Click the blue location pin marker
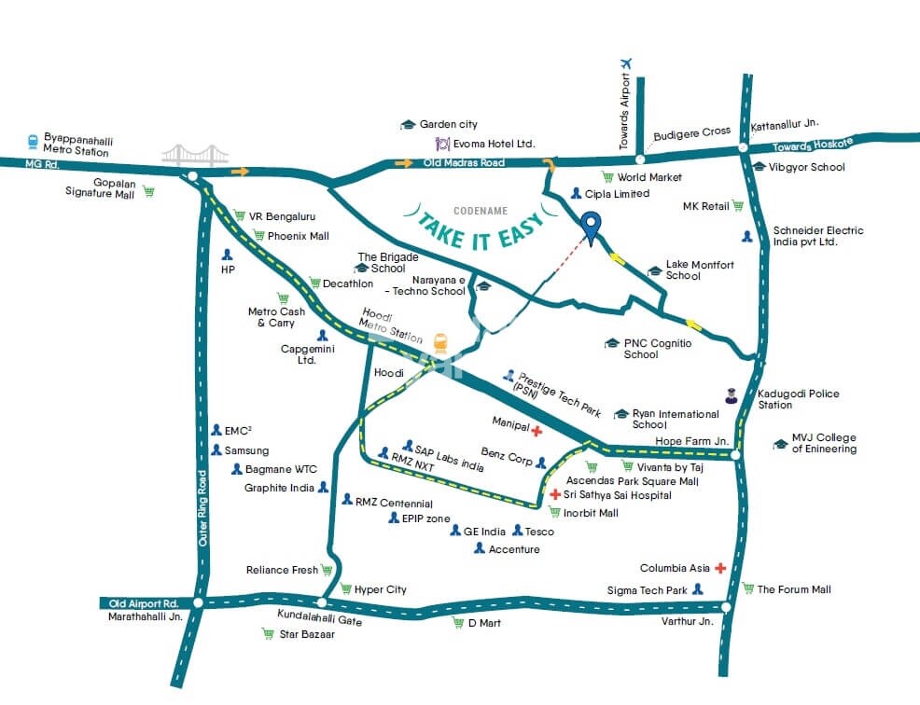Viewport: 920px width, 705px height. pyautogui.click(x=590, y=225)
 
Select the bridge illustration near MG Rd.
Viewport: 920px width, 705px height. pyautogui.click(x=195, y=154)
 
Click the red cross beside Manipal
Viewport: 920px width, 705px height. pyautogui.click(x=537, y=431)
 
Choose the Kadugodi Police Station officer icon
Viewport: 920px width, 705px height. pyautogui.click(x=732, y=396)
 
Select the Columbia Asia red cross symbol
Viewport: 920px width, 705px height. pyautogui.click(x=720, y=568)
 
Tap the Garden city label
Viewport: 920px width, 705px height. pyautogui.click(x=448, y=124)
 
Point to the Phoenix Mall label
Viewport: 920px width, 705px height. pyautogui.click(x=299, y=236)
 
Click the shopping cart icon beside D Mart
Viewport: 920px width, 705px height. pyautogui.click(x=458, y=622)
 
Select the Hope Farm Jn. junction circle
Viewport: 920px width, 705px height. pyautogui.click(x=736, y=455)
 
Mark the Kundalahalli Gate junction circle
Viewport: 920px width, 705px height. pyautogui.click(x=321, y=603)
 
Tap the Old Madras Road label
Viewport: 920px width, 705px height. pyautogui.click(x=464, y=163)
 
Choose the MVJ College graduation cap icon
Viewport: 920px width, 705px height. pyautogui.click(x=780, y=444)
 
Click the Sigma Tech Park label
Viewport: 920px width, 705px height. pyautogui.click(x=647, y=590)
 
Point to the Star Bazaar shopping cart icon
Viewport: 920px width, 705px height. pyautogui.click(x=268, y=634)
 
